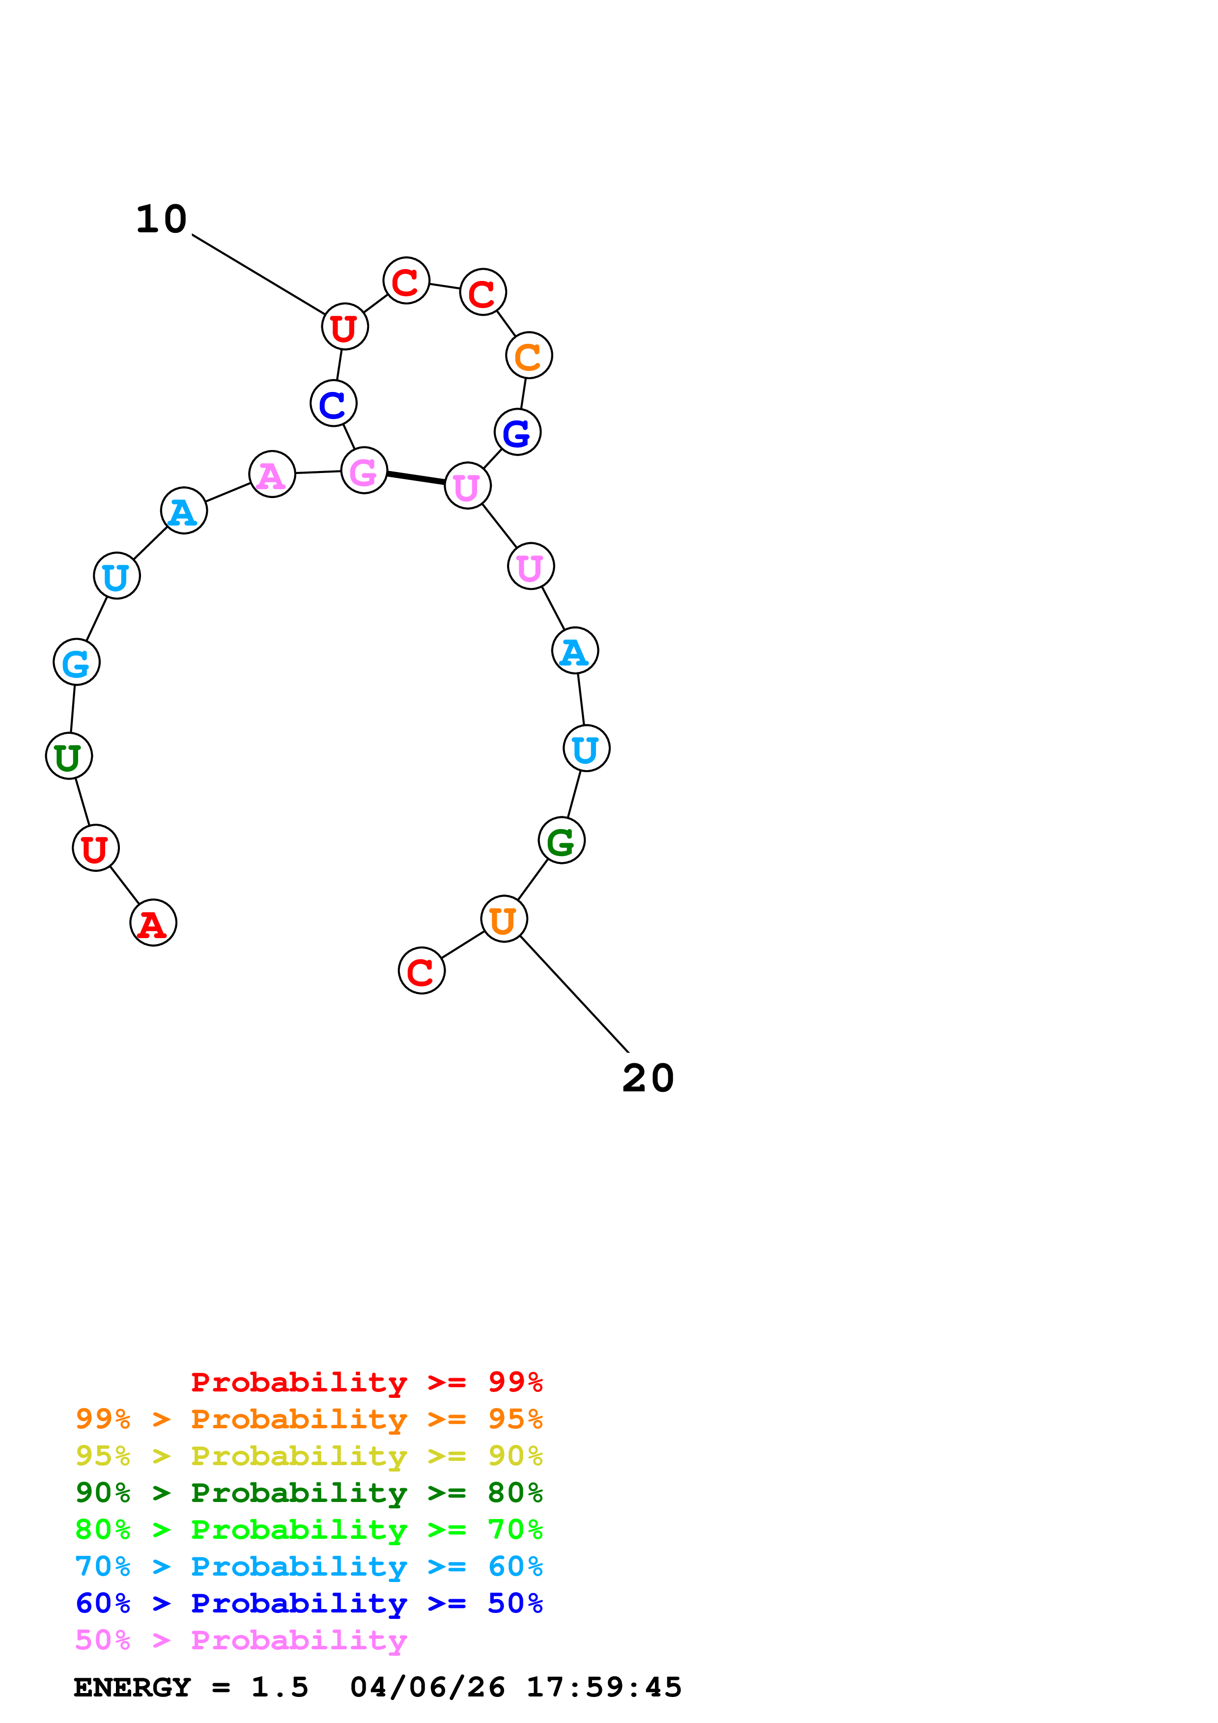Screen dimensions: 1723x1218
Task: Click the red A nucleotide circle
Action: pyautogui.click(x=153, y=922)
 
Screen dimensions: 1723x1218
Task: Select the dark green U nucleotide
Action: pyautogui.click(x=69, y=756)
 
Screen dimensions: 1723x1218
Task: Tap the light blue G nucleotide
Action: pyautogui.click(x=77, y=662)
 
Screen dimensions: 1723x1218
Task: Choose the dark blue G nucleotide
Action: pyautogui.click(x=517, y=432)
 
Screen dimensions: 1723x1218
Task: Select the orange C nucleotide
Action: pyautogui.click(x=529, y=355)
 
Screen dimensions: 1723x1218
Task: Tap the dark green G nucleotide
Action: pyautogui.click(x=562, y=840)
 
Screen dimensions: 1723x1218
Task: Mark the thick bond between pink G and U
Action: pyautogui.click(x=416, y=478)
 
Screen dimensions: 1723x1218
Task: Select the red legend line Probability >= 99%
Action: pyautogui.click(x=366, y=1382)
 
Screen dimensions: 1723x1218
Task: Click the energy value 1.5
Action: pyautogui.click(x=279, y=1687)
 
